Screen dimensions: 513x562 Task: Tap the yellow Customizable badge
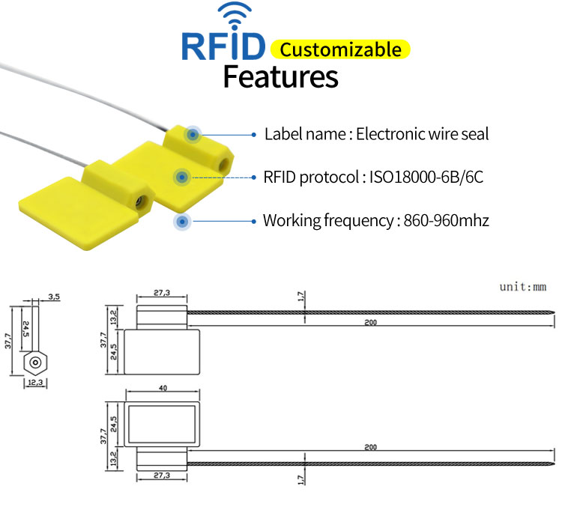341,49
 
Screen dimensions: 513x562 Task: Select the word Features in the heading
281,76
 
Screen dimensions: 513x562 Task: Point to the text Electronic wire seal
422,135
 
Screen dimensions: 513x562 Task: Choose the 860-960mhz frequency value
447,221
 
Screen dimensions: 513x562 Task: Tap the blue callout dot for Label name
193,135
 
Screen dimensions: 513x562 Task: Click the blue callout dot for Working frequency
182,222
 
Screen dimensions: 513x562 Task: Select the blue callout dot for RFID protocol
181,177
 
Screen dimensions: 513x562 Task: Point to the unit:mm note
523,287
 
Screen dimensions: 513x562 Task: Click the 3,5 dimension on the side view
54,297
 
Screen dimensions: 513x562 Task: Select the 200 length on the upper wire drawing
370,323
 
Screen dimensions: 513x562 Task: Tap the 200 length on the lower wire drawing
370,447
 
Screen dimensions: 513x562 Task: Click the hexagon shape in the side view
34,363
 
